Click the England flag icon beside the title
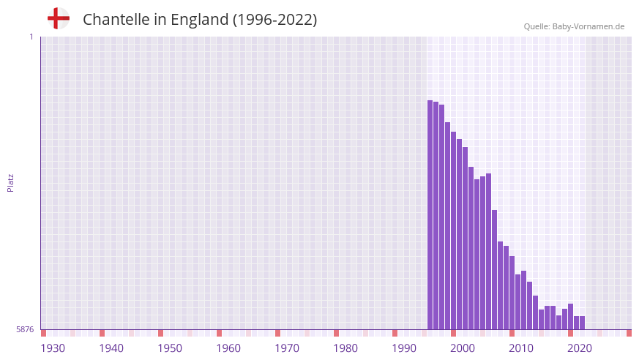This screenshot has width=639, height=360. click(x=58, y=18)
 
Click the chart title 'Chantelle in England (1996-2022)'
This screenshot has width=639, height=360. click(x=200, y=20)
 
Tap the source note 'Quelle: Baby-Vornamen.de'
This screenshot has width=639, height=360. click(x=574, y=26)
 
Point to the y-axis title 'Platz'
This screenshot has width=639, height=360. click(x=10, y=183)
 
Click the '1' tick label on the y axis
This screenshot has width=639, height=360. click(x=31, y=37)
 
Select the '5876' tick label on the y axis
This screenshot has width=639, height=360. click(x=25, y=330)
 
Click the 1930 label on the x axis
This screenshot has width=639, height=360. click(x=53, y=348)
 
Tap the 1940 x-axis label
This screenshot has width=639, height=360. click(x=111, y=348)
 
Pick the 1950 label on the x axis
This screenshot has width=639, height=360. click(x=170, y=348)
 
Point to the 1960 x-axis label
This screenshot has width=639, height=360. click(x=228, y=348)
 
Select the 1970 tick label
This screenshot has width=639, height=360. click(x=287, y=348)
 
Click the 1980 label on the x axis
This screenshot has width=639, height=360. click(x=345, y=348)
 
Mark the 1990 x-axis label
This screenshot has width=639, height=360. click(x=404, y=348)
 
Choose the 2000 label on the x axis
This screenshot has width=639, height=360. click(x=463, y=348)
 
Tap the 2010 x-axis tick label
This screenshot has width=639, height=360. click(x=521, y=348)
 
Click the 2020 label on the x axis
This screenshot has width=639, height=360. click(x=580, y=348)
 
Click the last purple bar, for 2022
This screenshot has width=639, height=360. click(x=582, y=323)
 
